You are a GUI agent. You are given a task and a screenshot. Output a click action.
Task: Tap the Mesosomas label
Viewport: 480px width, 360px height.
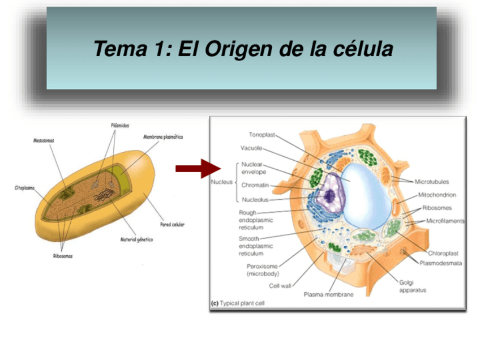[44, 140]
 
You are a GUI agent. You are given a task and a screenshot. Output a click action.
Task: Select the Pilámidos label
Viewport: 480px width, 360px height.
[119, 125]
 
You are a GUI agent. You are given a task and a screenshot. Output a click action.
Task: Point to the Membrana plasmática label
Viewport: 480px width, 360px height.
[163, 137]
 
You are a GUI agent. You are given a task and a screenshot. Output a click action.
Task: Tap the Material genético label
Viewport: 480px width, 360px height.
[136, 239]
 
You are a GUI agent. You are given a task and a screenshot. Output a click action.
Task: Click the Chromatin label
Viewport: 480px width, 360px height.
[255, 185]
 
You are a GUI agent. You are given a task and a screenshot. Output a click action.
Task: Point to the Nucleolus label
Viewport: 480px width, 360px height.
[255, 200]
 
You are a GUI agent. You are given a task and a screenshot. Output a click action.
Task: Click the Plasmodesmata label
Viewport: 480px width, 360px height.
[440, 263]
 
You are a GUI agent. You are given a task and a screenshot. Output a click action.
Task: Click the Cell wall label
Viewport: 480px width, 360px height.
[280, 286]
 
